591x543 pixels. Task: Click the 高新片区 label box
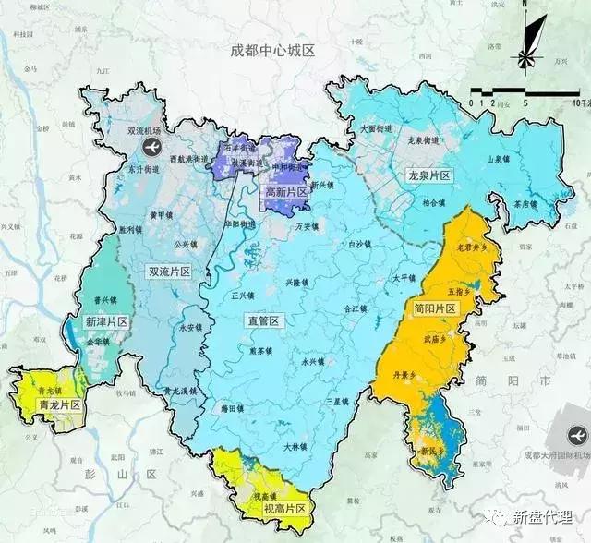coord(285,192)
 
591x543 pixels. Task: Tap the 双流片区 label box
coord(168,271)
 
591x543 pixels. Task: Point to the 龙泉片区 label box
coord(428,175)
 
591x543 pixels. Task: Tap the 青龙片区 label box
coord(58,404)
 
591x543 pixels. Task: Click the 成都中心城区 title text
coord(272,51)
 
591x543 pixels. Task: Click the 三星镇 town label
coord(338,402)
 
